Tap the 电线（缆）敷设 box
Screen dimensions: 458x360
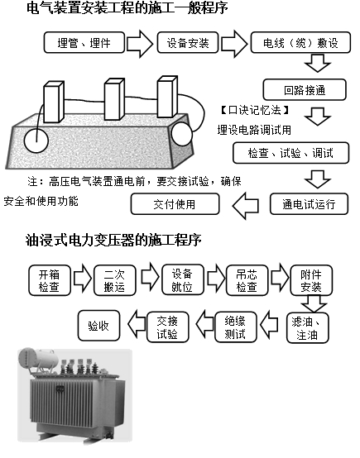pyautogui.click(x=300, y=42)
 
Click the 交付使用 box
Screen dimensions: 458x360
pyautogui.click(x=175, y=203)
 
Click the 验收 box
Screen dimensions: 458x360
pyautogui.click(x=99, y=326)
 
